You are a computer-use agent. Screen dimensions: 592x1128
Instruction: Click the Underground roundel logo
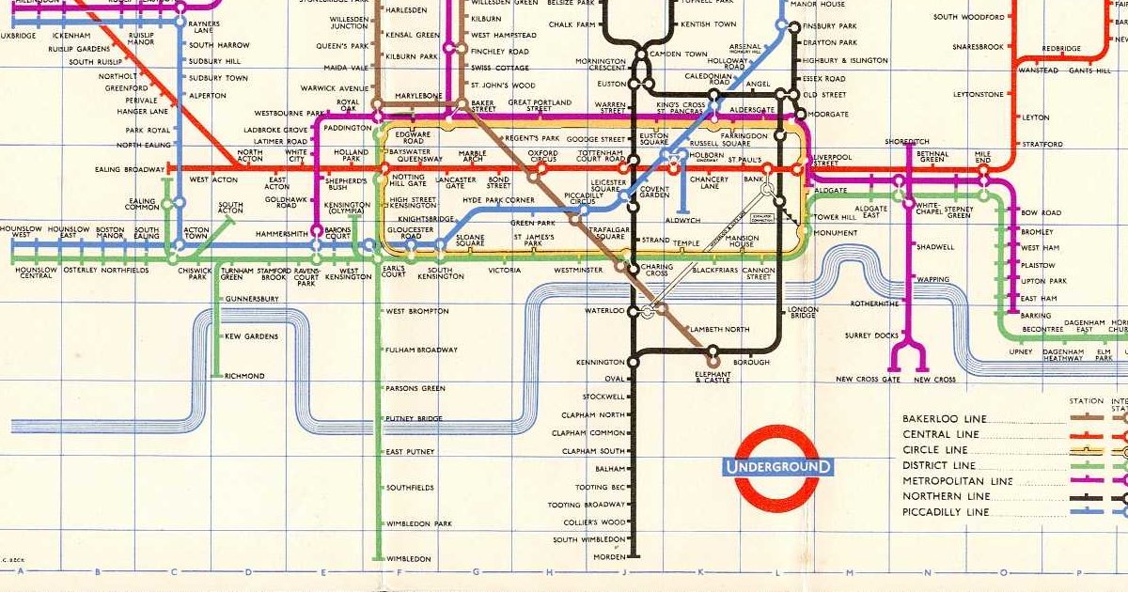[x=776, y=467]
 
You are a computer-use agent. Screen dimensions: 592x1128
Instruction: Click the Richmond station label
[x=244, y=376]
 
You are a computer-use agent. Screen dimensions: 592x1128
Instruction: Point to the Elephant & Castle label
[x=712, y=377]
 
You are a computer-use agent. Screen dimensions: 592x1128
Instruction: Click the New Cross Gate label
[x=868, y=380]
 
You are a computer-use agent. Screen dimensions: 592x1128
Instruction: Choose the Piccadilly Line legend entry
[x=946, y=512]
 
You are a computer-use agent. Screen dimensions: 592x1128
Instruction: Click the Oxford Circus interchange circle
[x=541, y=169]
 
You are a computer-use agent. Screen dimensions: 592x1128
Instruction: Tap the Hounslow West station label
[x=16, y=232]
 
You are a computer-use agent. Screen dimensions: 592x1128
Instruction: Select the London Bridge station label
[x=803, y=313]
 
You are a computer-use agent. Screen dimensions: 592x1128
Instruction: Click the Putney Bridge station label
[x=414, y=418]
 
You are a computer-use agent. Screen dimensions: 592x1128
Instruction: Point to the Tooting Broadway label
[x=587, y=505]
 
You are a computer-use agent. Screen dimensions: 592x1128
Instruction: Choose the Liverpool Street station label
[x=832, y=160]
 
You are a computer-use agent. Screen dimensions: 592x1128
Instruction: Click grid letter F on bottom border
[x=399, y=571]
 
